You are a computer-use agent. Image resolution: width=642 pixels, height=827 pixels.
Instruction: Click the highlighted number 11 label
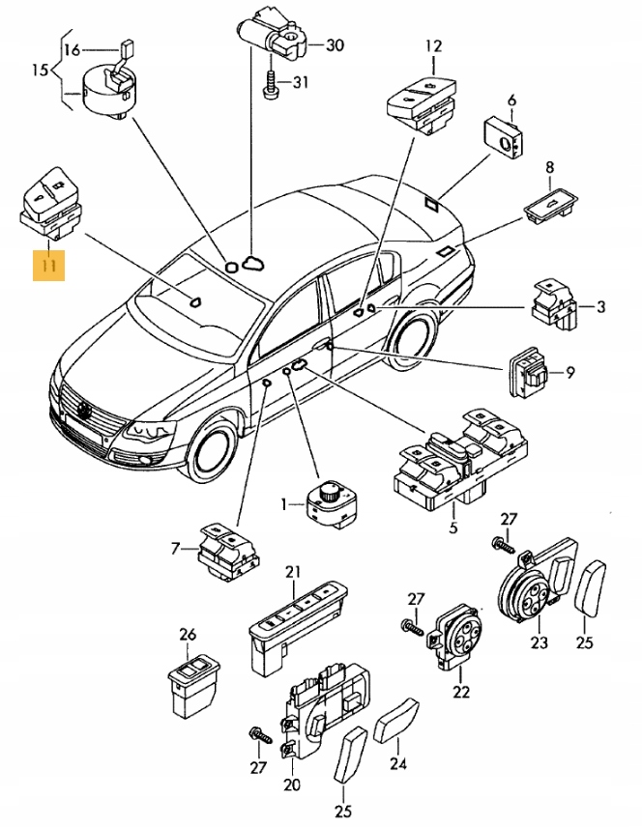pyautogui.click(x=48, y=263)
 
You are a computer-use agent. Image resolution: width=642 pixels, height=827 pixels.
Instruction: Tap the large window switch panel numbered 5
pyautogui.click(x=454, y=462)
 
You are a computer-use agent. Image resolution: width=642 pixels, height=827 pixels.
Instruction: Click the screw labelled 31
pyautogui.click(x=271, y=86)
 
